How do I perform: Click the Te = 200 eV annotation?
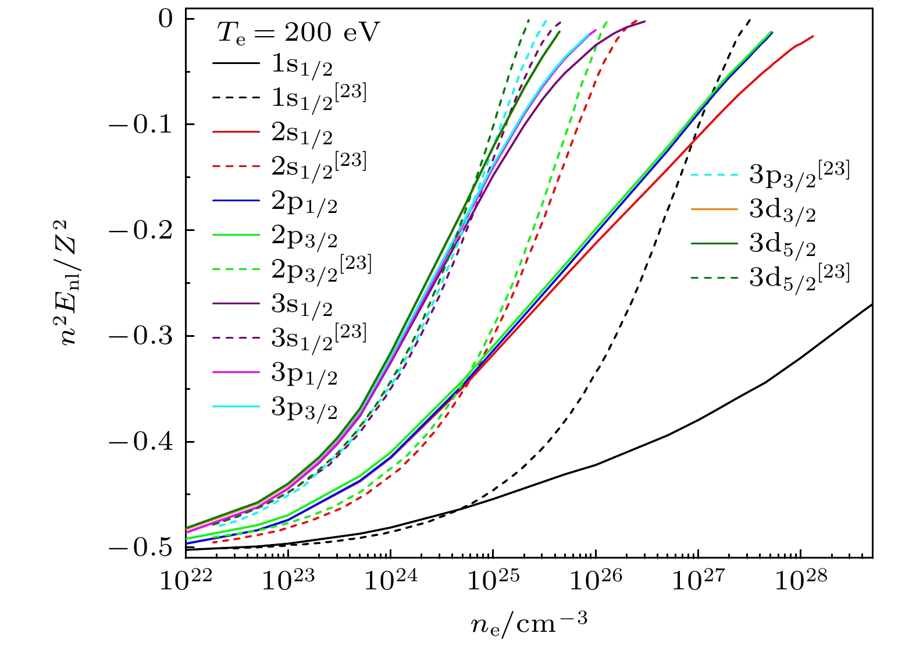pos(298,32)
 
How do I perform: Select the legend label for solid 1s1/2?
pos(302,65)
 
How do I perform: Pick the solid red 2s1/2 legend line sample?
pos(236,132)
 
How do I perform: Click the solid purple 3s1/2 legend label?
pos(302,305)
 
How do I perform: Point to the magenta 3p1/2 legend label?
pos(304,374)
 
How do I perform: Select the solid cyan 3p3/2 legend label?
pos(304,408)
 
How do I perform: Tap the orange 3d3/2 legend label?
pos(782,210)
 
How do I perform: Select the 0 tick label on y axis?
pos(166,19)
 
